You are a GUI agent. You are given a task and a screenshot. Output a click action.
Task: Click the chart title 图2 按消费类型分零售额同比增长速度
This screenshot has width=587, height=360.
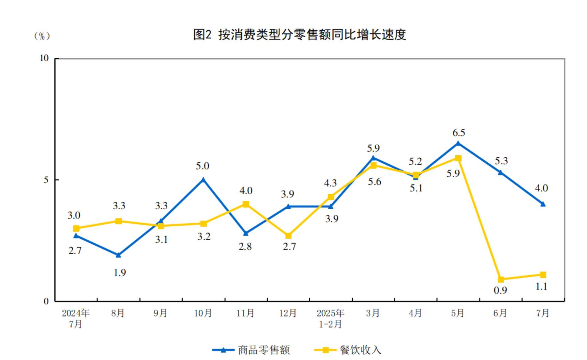pos(299,35)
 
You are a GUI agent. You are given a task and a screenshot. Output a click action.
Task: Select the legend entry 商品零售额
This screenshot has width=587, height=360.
pos(264,350)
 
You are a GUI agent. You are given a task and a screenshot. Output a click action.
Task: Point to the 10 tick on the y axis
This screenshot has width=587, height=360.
pos(45,58)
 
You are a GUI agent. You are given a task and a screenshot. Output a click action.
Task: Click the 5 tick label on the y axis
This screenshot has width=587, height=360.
pos(46,180)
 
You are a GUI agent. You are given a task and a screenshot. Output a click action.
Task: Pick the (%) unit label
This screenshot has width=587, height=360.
pos(42,36)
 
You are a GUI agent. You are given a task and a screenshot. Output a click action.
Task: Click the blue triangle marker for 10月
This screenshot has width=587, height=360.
pos(203,180)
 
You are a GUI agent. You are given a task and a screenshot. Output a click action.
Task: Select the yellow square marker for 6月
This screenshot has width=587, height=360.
pos(500,279)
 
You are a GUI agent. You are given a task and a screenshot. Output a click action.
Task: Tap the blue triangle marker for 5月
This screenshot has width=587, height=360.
pos(458,143)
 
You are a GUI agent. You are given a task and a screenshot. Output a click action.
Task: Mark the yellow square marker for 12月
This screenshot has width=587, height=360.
pos(288,236)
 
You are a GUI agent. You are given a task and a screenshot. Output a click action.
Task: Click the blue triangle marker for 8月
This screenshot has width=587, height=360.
pos(118,255)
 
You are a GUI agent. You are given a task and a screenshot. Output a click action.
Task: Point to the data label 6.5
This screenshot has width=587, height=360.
pos(459,133)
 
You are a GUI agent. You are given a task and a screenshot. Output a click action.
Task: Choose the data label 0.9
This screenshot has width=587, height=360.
pos(500,290)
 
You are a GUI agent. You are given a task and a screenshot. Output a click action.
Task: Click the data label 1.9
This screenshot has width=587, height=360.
pos(120,273)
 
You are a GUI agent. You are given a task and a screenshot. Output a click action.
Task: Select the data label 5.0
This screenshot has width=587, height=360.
pos(202,166)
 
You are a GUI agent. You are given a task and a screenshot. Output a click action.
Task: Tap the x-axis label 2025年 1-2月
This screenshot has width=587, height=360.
pos(330,318)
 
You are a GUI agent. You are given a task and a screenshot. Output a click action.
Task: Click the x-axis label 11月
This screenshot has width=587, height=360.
pos(245,313)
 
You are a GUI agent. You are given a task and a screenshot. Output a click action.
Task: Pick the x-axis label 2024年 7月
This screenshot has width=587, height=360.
pos(76,318)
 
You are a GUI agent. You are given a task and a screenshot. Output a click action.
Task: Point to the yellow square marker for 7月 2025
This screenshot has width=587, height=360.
pos(543,275)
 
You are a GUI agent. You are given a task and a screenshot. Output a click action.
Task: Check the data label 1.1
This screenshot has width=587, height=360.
pos(541,287)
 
